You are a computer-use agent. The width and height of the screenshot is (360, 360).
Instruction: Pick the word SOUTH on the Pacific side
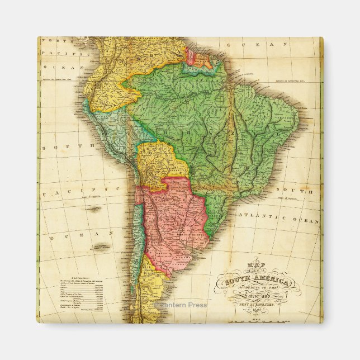point(65,146)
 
